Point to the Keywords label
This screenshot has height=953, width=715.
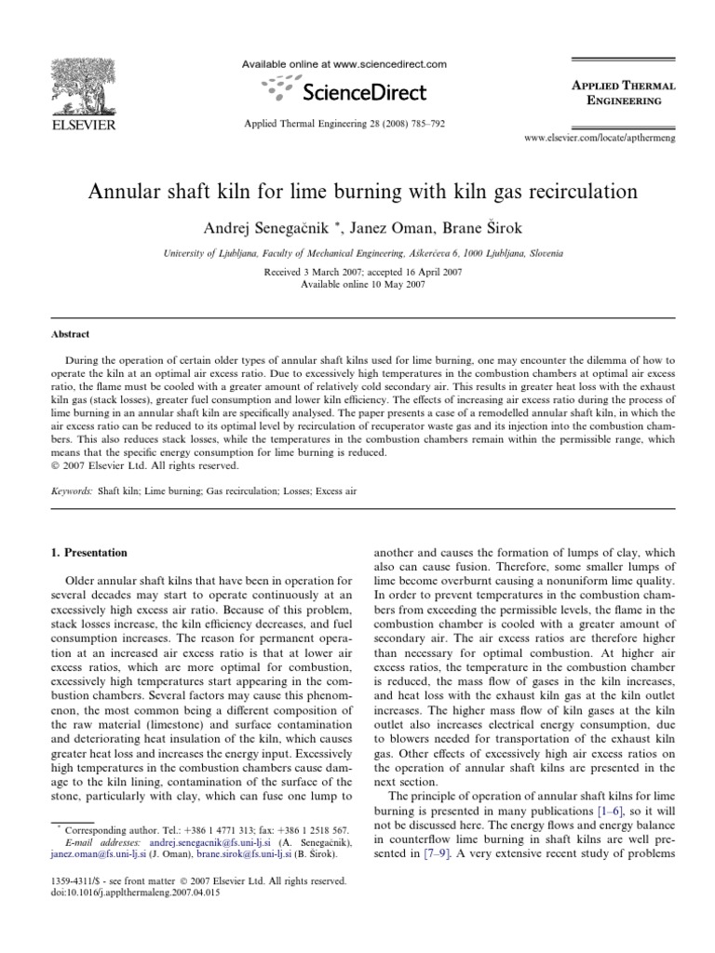click(x=72, y=488)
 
